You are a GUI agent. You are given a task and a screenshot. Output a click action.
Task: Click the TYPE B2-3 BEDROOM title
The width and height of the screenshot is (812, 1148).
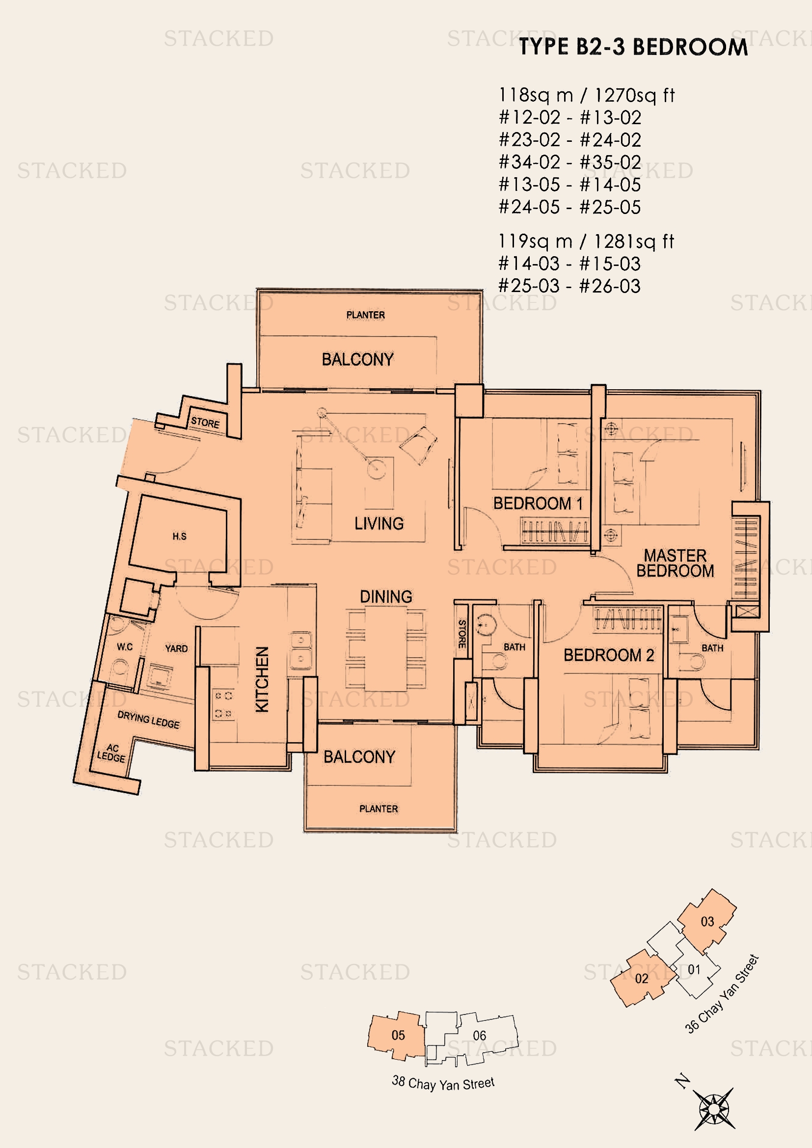[633, 47]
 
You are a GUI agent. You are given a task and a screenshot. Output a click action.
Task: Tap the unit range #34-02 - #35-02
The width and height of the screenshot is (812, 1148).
[569, 162]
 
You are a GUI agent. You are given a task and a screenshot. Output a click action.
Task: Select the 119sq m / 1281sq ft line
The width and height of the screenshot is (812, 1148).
[586, 241]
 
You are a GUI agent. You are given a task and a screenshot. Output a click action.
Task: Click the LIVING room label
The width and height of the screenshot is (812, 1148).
[379, 524]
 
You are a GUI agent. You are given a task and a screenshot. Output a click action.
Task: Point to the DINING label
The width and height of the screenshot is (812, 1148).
[386, 596]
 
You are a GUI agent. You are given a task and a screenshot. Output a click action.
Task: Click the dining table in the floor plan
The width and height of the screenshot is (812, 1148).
[385, 648]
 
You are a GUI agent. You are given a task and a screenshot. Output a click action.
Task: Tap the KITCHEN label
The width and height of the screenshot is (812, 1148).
[263, 679]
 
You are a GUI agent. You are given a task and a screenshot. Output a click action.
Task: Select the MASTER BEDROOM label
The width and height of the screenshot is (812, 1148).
[675, 563]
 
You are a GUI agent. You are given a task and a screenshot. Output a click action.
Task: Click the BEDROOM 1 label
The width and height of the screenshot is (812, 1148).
[538, 503]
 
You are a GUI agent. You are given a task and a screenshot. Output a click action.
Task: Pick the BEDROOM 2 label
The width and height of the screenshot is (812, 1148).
[608, 655]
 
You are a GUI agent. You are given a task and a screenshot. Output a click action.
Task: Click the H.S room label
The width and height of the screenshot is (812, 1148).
[180, 536]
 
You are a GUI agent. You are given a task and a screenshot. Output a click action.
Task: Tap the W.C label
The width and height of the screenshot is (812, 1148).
[125, 647]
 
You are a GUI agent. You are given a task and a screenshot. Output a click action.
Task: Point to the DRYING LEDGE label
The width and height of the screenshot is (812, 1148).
[148, 720]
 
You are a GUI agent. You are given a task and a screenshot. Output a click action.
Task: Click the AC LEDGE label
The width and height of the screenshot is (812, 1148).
[111, 753]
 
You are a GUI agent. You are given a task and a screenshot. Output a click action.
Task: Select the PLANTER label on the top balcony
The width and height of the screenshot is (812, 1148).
[366, 315]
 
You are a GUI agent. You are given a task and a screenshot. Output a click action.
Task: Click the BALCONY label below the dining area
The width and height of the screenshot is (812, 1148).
[359, 757]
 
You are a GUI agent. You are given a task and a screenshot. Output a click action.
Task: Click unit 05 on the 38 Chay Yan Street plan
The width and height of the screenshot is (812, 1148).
[398, 1035]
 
